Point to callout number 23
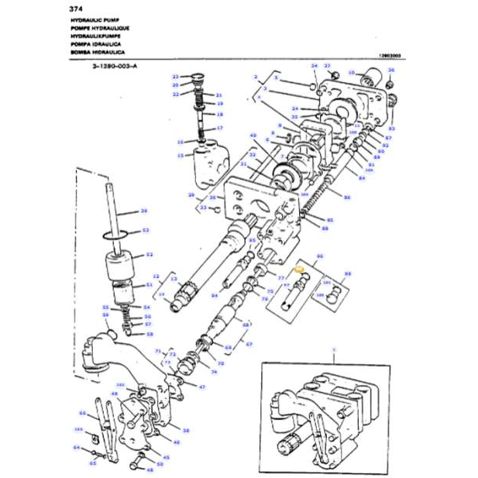click(x=176, y=77)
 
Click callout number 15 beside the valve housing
click(x=181, y=155)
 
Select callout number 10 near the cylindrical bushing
click(x=351, y=72)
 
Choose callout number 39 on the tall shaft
click(x=143, y=210)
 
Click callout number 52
click(x=149, y=254)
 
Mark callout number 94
click(x=215, y=296)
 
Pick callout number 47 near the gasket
click(x=201, y=386)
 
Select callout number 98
click(x=348, y=273)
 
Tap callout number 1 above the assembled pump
click(x=334, y=349)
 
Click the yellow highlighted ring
click(x=301, y=272)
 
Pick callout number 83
click(x=392, y=127)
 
